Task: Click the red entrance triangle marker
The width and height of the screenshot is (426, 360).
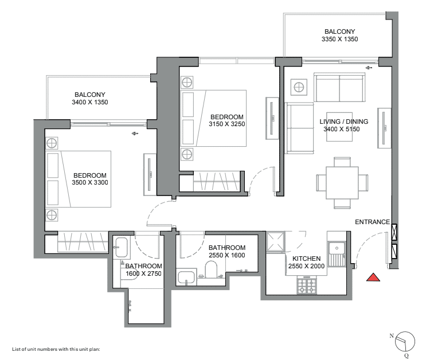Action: click(373, 277)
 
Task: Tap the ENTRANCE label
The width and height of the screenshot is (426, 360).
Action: click(372, 222)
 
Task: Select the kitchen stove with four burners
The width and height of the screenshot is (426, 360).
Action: click(307, 286)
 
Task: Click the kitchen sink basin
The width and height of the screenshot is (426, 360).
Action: click(337, 248)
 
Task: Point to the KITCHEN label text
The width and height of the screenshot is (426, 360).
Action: click(307, 259)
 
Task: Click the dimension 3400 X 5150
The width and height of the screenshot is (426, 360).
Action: click(342, 129)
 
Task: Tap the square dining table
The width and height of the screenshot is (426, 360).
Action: click(342, 183)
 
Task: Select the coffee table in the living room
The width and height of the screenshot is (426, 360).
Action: click(339, 127)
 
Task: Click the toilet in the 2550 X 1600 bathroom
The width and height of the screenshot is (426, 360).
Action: click(210, 269)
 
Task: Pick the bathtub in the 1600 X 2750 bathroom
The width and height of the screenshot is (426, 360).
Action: click(121, 247)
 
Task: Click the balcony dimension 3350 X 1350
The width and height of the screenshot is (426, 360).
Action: click(339, 39)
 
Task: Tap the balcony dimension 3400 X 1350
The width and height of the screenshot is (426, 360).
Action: click(89, 102)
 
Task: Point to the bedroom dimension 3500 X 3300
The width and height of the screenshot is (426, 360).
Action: click(89, 183)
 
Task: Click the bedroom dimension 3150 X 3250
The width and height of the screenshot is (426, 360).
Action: click(227, 124)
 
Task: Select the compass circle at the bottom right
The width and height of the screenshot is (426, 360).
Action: click(405, 342)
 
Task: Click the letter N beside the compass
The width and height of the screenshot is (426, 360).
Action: click(392, 335)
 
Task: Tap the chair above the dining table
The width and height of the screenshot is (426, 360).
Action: click(342, 162)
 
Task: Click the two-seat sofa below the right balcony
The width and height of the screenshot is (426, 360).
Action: click(339, 87)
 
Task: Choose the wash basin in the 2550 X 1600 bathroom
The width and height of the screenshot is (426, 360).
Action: click(186, 277)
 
